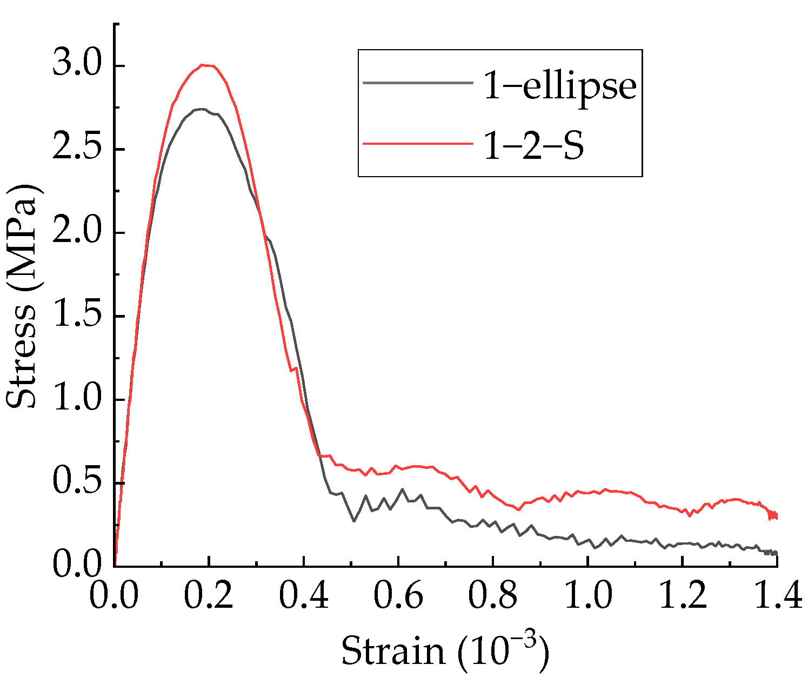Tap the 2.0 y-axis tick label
[77, 232]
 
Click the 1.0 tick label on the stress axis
[77, 399]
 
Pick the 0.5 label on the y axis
[77, 482]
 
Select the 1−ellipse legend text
[560, 85]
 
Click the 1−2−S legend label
[533, 146]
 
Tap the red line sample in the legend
[417, 143]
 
